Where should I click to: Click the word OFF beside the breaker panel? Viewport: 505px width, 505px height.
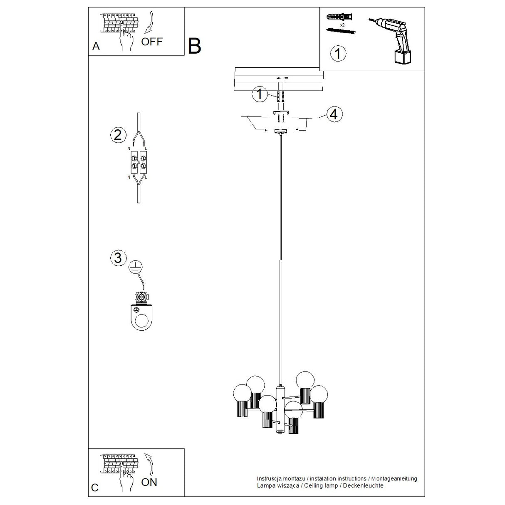point(151,42)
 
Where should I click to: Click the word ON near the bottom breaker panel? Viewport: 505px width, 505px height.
point(149,482)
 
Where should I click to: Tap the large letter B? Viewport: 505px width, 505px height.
point(194,46)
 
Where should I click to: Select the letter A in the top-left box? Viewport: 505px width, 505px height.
point(96,46)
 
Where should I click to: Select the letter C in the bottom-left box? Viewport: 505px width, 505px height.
point(95,488)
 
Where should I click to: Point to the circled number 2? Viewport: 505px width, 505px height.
point(118,134)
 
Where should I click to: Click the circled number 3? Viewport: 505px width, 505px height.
point(118,257)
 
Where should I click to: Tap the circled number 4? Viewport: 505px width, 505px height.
point(334,114)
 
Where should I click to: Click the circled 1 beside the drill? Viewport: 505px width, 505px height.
point(338,54)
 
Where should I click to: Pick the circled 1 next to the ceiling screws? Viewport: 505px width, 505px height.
point(260,94)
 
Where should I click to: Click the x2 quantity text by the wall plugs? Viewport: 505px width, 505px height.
point(342,25)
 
